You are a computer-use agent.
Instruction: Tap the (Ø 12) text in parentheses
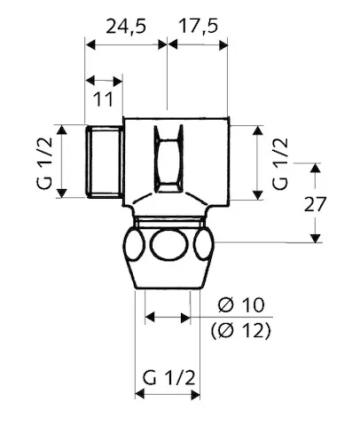[x=242, y=332]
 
